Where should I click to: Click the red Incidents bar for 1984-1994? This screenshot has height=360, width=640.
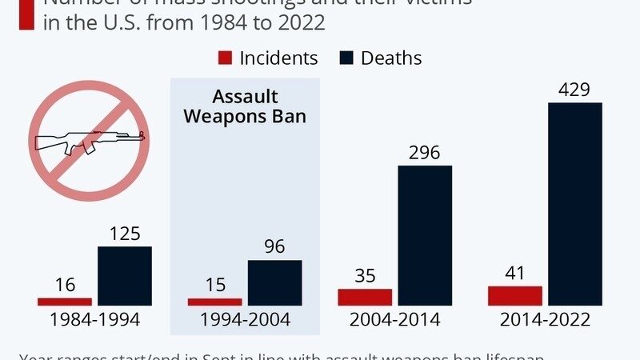[65, 301]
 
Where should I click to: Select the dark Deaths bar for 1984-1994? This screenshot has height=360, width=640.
[125, 276]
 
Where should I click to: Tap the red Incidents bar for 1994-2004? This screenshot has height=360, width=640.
[214, 302]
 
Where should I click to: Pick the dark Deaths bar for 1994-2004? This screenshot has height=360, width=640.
[274, 282]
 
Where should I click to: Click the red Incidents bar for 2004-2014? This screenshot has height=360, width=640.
[365, 297]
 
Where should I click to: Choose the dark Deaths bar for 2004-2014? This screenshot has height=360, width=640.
[425, 235]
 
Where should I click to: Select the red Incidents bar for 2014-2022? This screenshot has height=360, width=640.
[515, 295]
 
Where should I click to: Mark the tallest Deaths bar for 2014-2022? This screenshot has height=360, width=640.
[574, 204]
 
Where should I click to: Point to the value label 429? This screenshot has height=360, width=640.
[574, 90]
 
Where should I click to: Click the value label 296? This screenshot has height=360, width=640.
[425, 153]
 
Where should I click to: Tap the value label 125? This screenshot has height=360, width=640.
[125, 234]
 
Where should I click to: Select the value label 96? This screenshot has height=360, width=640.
[274, 247]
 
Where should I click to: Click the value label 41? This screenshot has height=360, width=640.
[515, 273]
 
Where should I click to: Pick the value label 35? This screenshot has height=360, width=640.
[365, 276]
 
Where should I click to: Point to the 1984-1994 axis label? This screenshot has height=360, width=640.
[94, 320]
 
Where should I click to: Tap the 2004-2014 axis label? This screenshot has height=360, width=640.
[395, 320]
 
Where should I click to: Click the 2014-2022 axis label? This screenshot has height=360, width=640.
[545, 320]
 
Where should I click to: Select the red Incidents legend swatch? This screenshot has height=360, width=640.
[225, 58]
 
